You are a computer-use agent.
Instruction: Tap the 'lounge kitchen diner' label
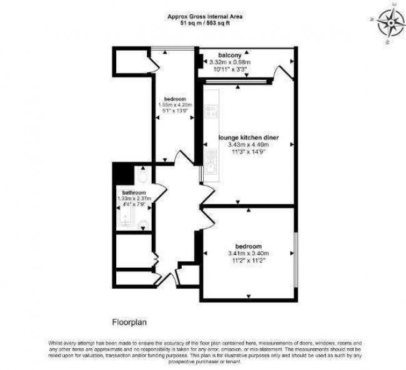click(x=248, y=137)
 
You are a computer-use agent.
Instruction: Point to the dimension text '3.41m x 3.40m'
click(x=248, y=253)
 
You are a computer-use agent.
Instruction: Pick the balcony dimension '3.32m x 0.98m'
click(x=230, y=62)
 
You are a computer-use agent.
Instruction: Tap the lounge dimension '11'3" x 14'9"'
click(x=248, y=151)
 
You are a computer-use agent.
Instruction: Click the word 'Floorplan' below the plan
click(x=128, y=323)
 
